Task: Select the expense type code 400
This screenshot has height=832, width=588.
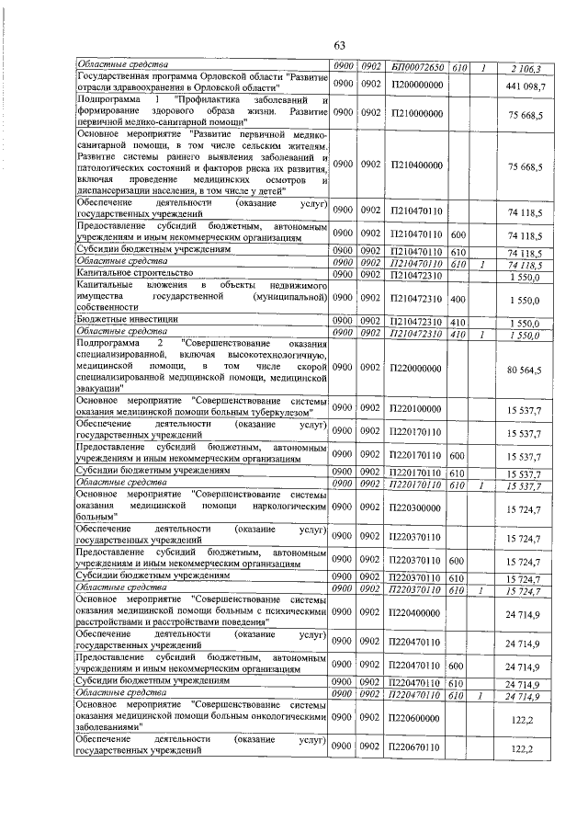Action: pyautogui.click(x=458, y=300)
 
